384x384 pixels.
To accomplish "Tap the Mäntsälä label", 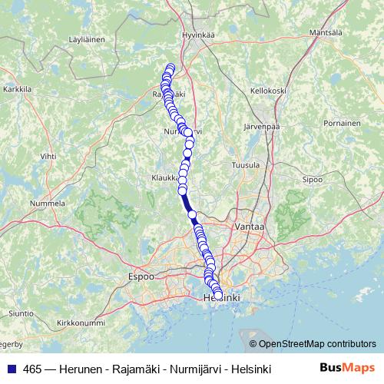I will coord(324,32).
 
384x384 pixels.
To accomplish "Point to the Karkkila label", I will coord(17,89).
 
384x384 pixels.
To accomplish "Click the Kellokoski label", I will coord(268,90).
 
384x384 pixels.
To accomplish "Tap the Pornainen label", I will coord(343,123).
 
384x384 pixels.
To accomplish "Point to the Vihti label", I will coord(48,156).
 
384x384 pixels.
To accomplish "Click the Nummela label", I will coord(47,204).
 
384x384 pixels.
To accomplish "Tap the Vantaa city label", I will coord(250,227).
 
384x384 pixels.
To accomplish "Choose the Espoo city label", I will coord(141,275).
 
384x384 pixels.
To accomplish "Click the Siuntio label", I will coord(21,313).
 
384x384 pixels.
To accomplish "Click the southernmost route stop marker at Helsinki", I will coord(218,295).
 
